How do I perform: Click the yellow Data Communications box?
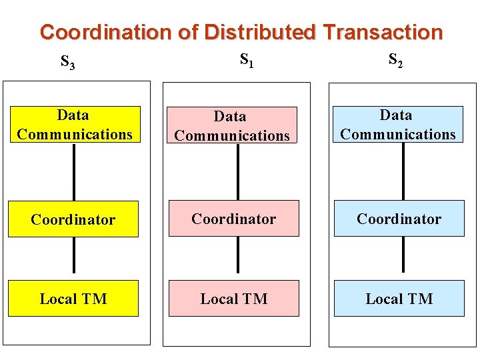pyautogui.click(x=73, y=125)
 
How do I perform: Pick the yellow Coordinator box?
pyautogui.click(x=73, y=219)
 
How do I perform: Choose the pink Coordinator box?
pyautogui.click(x=233, y=219)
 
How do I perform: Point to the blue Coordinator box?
pyautogui.click(x=399, y=219)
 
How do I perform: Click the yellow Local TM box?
pyautogui.click(x=73, y=299)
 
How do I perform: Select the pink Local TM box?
pyautogui.click(x=233, y=299)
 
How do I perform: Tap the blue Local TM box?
pyautogui.click(x=399, y=299)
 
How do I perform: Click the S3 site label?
pyautogui.click(x=67, y=63)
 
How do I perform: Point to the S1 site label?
pyautogui.click(x=246, y=61)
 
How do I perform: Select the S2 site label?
pyautogui.click(x=395, y=61)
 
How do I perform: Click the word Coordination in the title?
pyautogui.click(x=106, y=32)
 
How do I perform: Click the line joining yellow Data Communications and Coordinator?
pyautogui.click(x=73, y=172)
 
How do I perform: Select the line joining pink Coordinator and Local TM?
pyautogui.click(x=238, y=255)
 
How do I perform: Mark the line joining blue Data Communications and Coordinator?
pyautogui.click(x=403, y=172)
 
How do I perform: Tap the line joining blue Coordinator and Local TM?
pyautogui.click(x=403, y=255)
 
